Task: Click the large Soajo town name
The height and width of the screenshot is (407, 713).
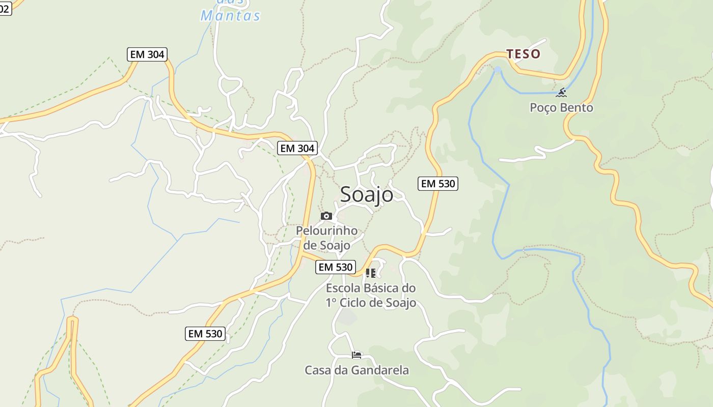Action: pyautogui.click(x=366, y=194)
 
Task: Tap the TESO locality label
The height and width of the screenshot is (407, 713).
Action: pyautogui.click(x=523, y=54)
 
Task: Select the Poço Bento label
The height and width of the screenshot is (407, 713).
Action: pyautogui.click(x=561, y=108)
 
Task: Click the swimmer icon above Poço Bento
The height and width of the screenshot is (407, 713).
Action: pyautogui.click(x=561, y=93)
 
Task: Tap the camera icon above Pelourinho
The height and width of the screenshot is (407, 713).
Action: pyautogui.click(x=326, y=216)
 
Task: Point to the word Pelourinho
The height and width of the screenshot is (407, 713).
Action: pyautogui.click(x=326, y=231)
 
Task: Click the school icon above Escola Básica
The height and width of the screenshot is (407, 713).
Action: pyautogui.click(x=371, y=273)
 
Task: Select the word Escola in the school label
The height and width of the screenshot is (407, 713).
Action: pyautogui.click(x=343, y=288)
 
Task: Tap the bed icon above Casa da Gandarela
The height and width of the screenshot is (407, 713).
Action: pyautogui.click(x=356, y=355)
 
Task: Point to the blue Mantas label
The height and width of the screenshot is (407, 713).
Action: pyautogui.click(x=230, y=16)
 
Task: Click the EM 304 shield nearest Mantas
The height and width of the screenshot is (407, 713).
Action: pyautogui.click(x=147, y=54)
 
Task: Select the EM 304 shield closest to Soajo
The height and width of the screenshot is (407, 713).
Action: pyautogui.click(x=297, y=149)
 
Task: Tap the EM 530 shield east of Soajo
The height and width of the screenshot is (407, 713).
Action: pyautogui.click(x=437, y=184)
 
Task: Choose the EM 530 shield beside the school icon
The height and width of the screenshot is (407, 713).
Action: pyautogui.click(x=335, y=267)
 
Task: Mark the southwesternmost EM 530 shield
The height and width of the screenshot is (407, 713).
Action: pyautogui.click(x=205, y=334)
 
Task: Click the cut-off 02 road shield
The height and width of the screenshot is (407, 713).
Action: pyautogui.click(x=5, y=9)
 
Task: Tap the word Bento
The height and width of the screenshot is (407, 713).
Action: pyautogui.click(x=577, y=108)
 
